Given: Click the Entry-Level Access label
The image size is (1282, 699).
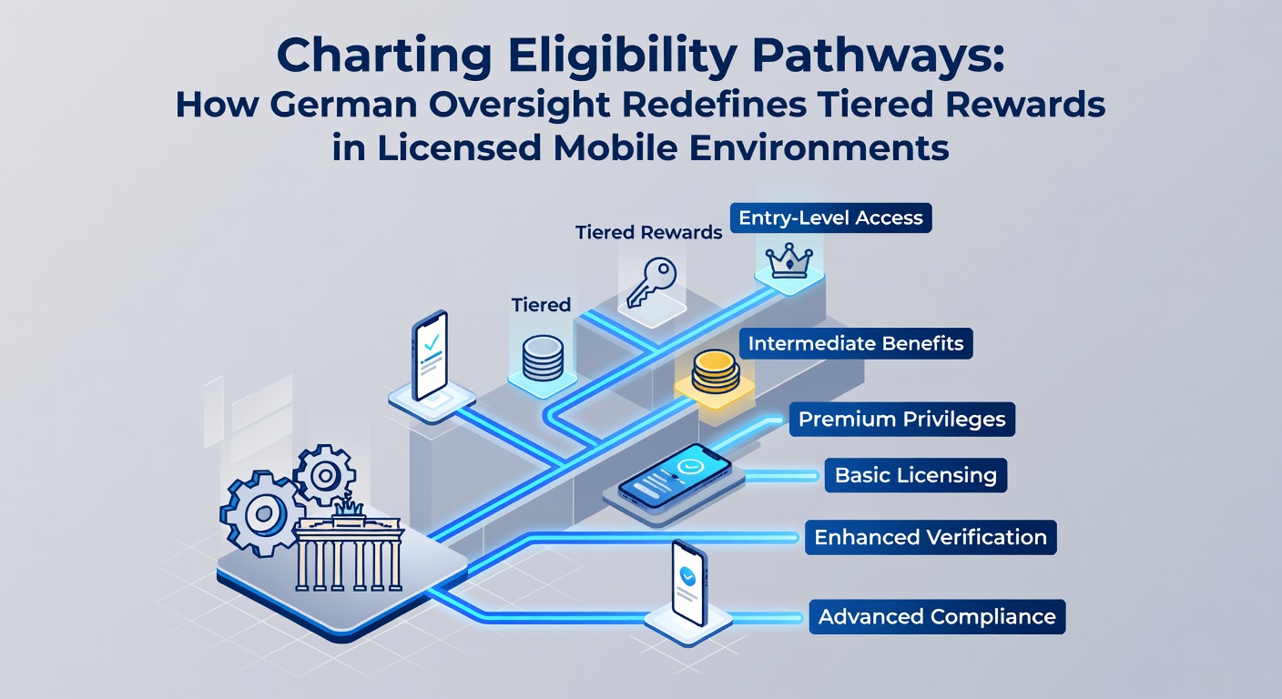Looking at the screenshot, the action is pos(830,218).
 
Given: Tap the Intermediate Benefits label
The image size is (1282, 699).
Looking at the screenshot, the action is pos(856,343).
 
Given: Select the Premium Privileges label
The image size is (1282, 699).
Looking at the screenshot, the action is pos(902,420).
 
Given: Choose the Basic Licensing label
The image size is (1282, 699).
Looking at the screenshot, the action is pos(916,475).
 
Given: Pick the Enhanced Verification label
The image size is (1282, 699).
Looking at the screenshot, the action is pos(931,537).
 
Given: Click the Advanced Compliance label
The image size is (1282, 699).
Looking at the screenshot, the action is pos(937,616).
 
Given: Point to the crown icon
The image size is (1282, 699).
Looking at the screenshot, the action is pos(789,261).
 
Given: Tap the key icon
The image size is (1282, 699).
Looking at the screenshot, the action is pos(652,283).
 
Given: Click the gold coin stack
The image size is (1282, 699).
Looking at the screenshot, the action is pos(716,372).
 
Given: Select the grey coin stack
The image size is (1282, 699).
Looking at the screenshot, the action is pos(543,358).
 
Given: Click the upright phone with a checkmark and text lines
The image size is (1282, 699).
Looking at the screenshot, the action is pos(430,356).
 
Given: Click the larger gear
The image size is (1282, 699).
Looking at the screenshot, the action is pos(263,513).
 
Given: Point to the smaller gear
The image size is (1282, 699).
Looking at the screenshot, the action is pos(324,475).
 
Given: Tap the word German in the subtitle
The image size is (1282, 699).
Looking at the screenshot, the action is pos(343,105).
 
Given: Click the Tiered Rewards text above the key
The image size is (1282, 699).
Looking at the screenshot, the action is pos(648,233).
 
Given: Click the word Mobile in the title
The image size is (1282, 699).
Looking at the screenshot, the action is pos(616,147).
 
